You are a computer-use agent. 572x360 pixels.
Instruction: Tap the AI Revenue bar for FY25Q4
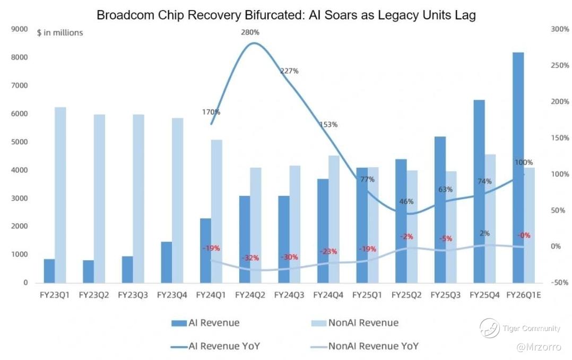tap(479, 191)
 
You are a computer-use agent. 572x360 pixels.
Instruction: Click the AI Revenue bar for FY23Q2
tap(88, 271)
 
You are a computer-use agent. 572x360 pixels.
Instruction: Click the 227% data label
tap(289, 71)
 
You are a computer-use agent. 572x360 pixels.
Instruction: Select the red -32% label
tap(250, 258)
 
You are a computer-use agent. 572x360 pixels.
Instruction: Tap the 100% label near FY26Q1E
tap(524, 162)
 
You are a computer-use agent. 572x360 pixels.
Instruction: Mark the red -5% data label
tap(446, 239)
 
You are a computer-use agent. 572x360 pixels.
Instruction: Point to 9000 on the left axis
tap(20, 29)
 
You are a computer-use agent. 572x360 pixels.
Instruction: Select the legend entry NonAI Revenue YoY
tap(373, 347)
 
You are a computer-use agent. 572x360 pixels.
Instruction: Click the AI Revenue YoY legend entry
tap(224, 347)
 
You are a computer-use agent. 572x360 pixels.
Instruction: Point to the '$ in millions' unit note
tap(60, 33)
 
